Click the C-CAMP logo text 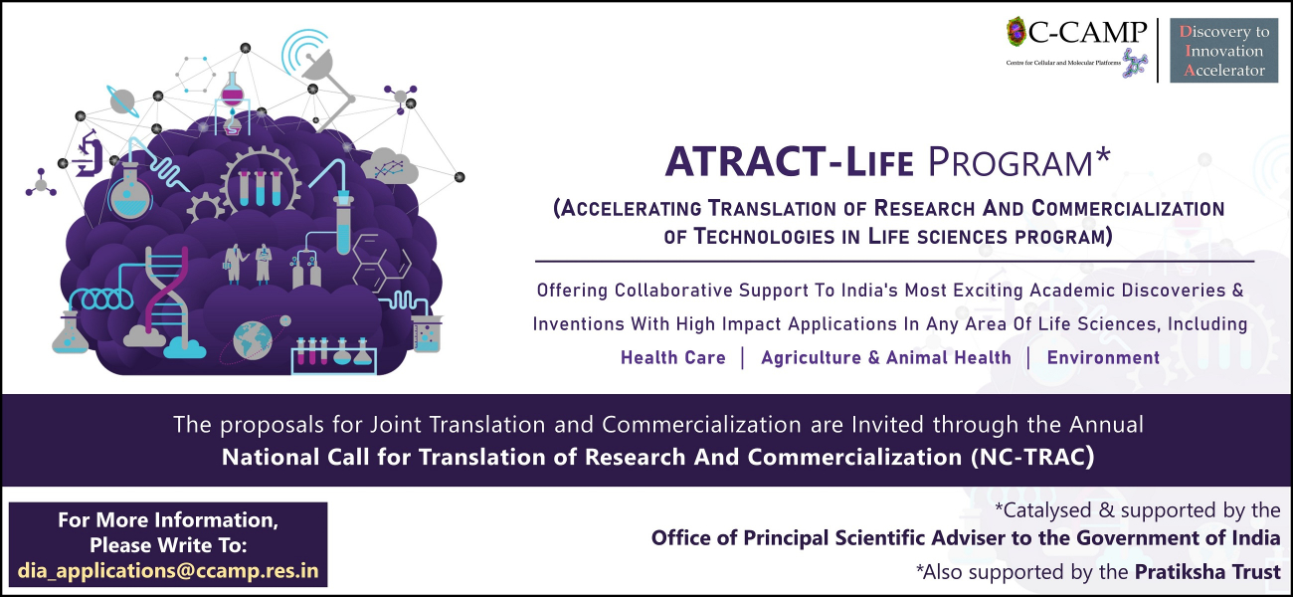(1087, 32)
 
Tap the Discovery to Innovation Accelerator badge (1223, 50)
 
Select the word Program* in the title (1018, 162)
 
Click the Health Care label (673, 357)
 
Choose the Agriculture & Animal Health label (886, 357)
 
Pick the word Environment (1103, 357)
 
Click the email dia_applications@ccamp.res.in (168, 570)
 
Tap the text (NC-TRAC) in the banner (1032, 457)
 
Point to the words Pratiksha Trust (1207, 571)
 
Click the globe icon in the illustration (253, 340)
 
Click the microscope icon (89, 153)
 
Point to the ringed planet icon (122, 101)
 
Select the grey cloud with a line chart (390, 166)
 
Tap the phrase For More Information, (168, 519)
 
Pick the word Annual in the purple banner (1106, 424)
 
